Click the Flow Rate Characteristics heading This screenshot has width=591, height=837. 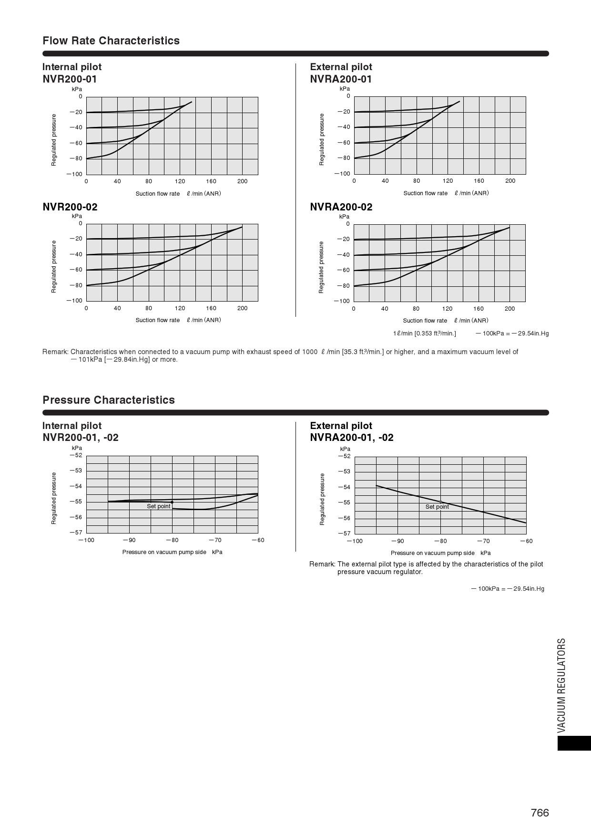tap(111, 41)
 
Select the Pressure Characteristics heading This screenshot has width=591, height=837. tap(109, 400)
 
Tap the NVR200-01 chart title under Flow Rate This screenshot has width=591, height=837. tap(70, 79)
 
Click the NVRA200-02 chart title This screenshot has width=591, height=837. tap(341, 207)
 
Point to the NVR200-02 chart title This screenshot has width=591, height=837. tap(70, 207)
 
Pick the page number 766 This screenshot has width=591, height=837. tap(540, 813)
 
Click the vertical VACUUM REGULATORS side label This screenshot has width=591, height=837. tap(561, 685)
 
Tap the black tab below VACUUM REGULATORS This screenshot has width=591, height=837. tap(574, 743)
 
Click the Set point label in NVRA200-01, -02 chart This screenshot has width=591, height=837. tap(437, 507)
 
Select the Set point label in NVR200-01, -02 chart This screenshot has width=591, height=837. tap(158, 506)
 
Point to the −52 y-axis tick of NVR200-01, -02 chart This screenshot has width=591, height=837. tap(76, 455)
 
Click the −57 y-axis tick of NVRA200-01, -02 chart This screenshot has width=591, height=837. tap(344, 534)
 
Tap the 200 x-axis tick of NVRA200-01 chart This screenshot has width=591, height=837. tap(510, 181)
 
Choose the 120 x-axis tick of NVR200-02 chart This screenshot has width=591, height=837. tap(180, 308)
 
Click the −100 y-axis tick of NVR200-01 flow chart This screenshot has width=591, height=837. tap(74, 174)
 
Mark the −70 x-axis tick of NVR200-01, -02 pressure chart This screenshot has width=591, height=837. tap(215, 540)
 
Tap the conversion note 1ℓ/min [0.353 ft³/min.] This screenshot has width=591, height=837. tap(424, 334)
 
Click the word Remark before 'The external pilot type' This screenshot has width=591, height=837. tap(322, 564)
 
